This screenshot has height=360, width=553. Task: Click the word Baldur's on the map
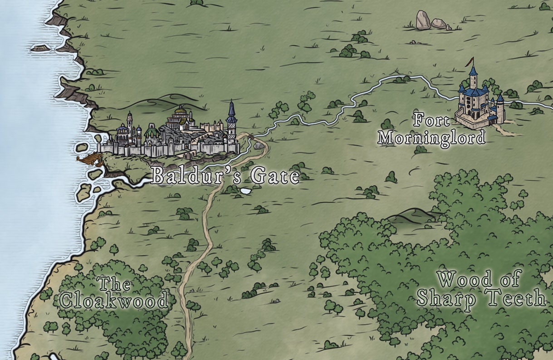point(193,176)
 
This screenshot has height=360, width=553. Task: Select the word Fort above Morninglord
point(431,120)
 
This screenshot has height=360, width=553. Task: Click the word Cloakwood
point(113,300)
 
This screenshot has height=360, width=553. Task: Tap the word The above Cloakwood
point(114,284)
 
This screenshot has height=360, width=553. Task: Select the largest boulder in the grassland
point(423,20)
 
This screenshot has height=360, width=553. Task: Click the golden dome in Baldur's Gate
point(181,111)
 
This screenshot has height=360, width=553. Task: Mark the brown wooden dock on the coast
point(89,158)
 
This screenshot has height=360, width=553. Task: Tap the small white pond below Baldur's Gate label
point(245,191)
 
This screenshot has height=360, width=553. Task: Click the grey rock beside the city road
point(258,146)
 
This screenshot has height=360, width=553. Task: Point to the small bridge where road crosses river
point(249,136)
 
